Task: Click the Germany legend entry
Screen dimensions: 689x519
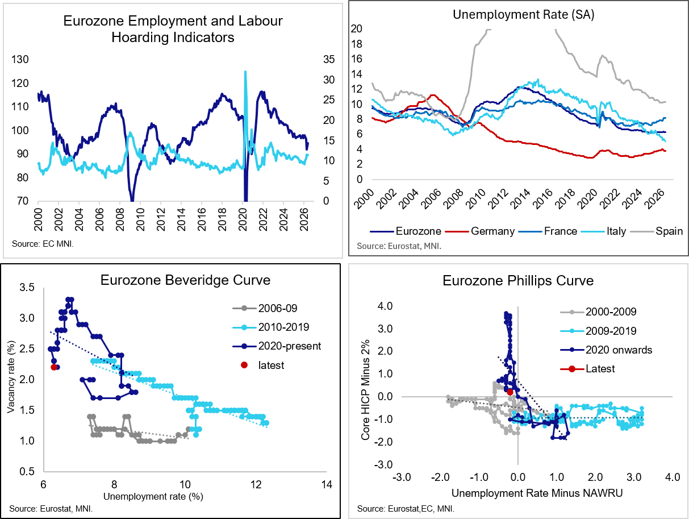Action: coord(481,231)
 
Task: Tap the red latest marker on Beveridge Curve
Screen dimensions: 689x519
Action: coord(54,367)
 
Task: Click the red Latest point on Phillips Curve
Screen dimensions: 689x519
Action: coord(510,392)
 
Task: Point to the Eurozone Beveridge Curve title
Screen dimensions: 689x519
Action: coord(185,280)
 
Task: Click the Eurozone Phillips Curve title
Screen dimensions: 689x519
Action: coord(518,281)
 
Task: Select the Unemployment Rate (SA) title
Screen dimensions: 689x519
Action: coord(524,14)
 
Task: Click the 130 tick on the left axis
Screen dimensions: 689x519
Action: coord(20,59)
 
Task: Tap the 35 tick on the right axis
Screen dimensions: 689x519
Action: coord(329,59)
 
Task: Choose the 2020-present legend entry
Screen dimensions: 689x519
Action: coord(277,346)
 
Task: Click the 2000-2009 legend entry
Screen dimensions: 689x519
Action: coord(598,312)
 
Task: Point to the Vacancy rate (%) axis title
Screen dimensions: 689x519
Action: coord(11,377)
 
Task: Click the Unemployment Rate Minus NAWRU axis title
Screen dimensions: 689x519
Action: coord(537,493)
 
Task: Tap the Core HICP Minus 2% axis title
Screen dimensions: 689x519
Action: coord(365,390)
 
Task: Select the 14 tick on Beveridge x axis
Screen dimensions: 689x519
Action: coord(327,485)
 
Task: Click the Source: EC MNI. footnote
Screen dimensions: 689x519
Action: coord(43,244)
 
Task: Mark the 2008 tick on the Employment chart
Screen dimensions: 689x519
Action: coord(120,219)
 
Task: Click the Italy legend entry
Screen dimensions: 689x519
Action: coord(603,231)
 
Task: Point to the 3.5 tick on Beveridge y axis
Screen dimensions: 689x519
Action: coord(27,287)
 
